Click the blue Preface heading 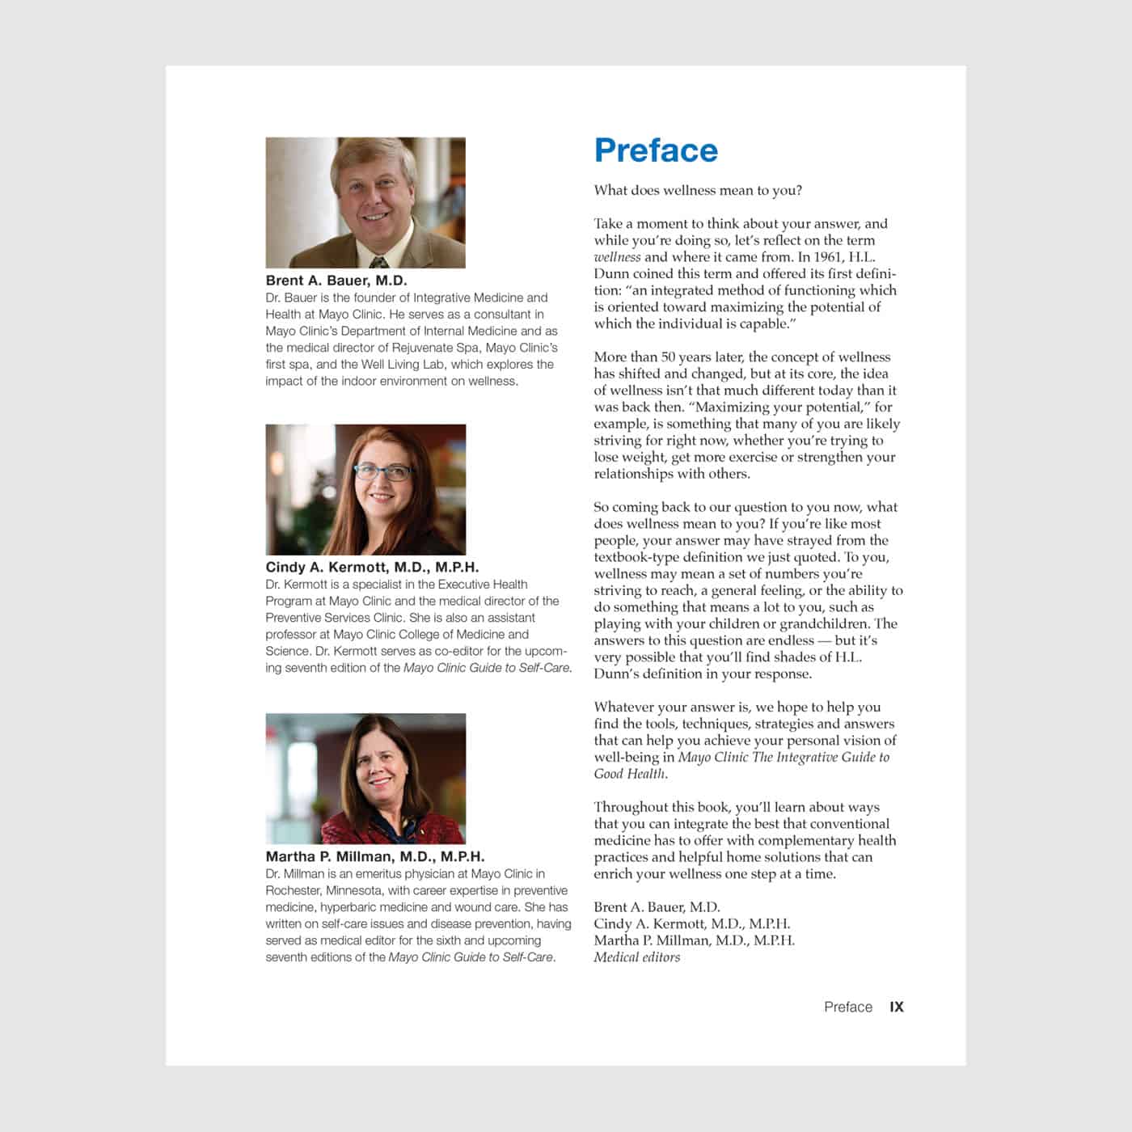(656, 151)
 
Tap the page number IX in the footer (897, 1007)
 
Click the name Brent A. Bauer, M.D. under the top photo (336, 281)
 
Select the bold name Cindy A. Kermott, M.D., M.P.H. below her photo (372, 568)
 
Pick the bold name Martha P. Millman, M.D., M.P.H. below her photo (375, 856)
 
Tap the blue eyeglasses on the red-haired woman (383, 472)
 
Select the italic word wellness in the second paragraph (617, 257)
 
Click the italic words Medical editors (637, 957)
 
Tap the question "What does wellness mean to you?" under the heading (698, 191)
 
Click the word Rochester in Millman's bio (294, 890)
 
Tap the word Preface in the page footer (848, 1007)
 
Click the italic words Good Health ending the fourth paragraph (630, 774)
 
